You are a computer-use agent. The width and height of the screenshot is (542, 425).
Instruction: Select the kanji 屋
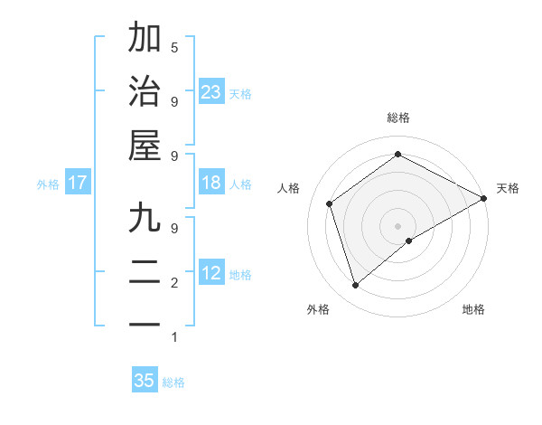(145, 145)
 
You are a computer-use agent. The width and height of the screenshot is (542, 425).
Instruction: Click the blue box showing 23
(211, 92)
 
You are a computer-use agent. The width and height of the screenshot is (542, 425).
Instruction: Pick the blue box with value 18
(211, 183)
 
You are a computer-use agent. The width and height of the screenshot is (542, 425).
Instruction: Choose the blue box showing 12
(211, 273)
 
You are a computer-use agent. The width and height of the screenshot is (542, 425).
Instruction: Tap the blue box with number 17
(78, 183)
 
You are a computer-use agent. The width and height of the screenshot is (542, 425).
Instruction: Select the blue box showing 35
(145, 381)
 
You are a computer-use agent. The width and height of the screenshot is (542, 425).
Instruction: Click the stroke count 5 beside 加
(174, 47)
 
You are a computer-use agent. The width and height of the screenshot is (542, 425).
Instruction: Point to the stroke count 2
(174, 283)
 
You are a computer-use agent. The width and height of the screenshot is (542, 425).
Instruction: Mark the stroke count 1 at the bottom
(174, 338)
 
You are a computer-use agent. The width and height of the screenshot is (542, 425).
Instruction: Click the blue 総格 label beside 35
(173, 382)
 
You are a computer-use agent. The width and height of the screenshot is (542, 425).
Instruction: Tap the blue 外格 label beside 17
(48, 184)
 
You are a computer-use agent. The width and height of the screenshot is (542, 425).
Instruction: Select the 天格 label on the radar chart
(508, 188)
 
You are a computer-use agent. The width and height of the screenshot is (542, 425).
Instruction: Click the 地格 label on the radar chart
(473, 309)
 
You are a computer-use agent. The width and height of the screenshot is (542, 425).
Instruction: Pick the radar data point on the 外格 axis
(355, 286)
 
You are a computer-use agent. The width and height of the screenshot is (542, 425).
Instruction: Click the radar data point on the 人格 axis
(330, 203)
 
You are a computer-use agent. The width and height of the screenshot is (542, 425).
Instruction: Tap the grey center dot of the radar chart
(397, 225)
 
